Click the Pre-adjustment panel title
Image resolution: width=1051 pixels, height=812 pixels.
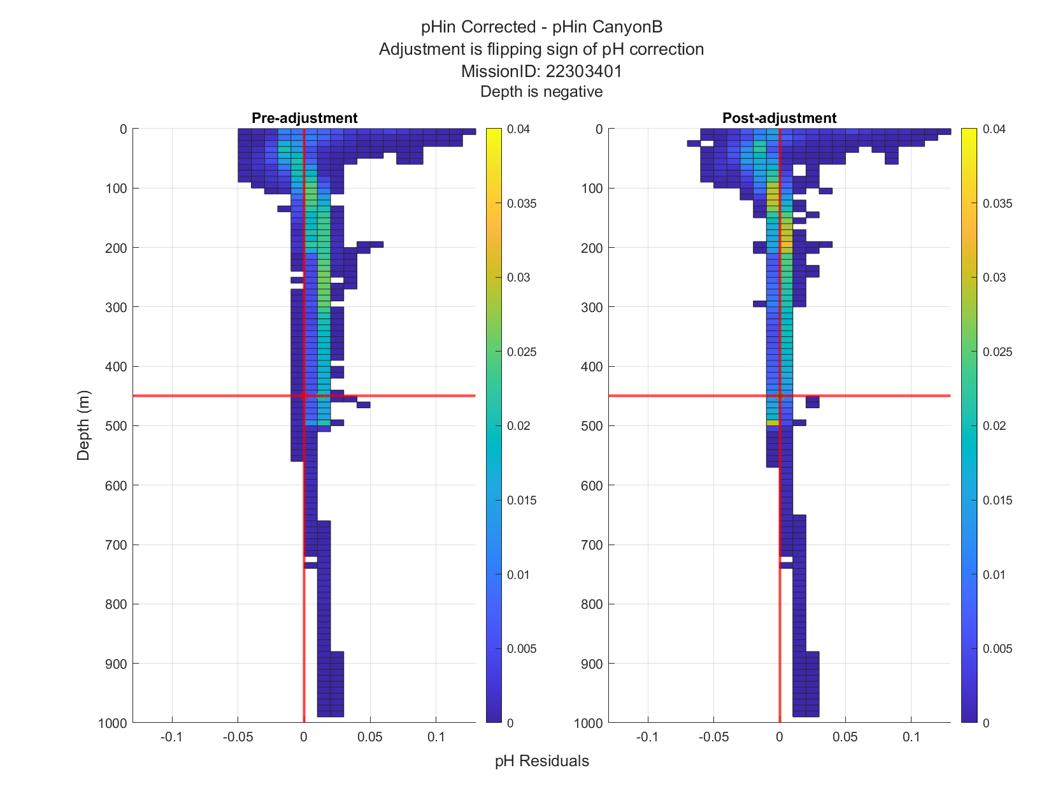[304, 118]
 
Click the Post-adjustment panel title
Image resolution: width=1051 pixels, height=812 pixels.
[779, 118]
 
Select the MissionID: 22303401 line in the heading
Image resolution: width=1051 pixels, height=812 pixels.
[541, 71]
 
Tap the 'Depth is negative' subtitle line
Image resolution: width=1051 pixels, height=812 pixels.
[541, 92]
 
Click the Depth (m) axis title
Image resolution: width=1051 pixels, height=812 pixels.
[83, 425]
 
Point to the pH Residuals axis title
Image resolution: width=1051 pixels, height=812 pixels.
[541, 761]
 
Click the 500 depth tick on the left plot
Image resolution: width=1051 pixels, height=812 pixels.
[116, 426]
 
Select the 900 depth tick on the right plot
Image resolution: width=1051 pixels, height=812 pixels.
[592, 664]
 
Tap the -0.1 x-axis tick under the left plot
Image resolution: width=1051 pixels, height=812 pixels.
[171, 737]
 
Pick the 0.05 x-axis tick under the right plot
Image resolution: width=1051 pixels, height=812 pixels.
[845, 737]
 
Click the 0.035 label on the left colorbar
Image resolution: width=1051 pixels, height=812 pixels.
[522, 204]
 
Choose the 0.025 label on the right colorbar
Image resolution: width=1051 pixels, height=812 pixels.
[997, 352]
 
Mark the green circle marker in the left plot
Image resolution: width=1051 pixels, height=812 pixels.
[320, 396]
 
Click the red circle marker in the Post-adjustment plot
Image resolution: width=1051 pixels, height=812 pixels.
[779, 396]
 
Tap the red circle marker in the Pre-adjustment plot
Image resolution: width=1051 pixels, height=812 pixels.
[304, 396]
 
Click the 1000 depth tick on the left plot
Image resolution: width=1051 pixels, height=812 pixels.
[112, 723]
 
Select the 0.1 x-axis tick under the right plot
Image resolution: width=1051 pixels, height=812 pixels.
[911, 737]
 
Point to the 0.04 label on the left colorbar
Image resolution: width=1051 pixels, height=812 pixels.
[518, 129]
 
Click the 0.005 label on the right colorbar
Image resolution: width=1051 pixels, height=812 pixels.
[997, 648]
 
